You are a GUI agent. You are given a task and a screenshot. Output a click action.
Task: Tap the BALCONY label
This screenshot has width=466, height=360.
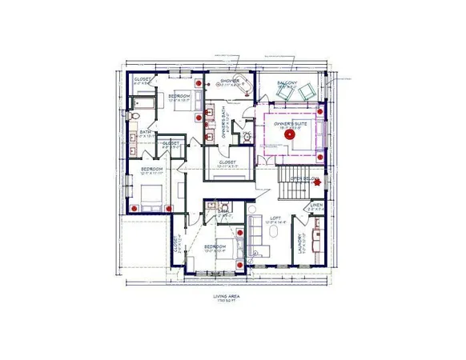coord(287,82)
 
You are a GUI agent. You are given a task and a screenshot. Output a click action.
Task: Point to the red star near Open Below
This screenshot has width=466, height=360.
coord(318,183)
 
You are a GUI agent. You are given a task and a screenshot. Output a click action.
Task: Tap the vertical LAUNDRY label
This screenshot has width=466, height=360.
coord(299,242)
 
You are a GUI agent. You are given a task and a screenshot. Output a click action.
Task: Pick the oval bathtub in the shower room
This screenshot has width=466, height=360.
coord(244,86)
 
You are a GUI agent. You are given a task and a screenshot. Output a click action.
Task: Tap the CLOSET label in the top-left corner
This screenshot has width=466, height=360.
coord(141,80)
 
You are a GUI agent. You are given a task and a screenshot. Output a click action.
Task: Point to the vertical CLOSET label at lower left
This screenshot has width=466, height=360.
coord(175,243)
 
